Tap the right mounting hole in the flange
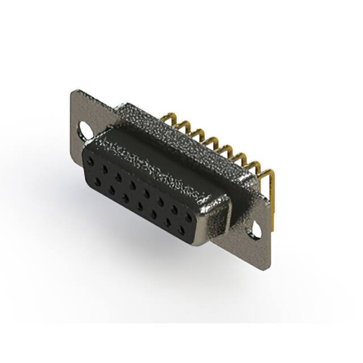pyautogui.click(x=258, y=231)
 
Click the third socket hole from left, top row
pyautogui.click(x=119, y=178)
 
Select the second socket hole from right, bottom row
pyautogui.click(x=167, y=222)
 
